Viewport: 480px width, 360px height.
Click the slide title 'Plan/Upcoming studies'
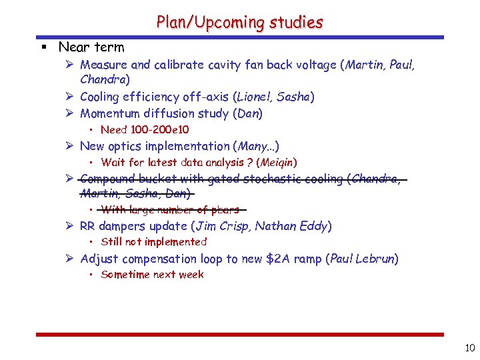click(239, 22)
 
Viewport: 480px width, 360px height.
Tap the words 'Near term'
click(91, 47)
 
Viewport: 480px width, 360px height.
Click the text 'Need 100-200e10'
click(145, 129)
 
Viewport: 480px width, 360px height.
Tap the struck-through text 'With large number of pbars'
click(170, 210)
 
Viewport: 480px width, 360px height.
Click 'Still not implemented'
click(153, 242)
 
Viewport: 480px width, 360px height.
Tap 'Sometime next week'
click(152, 275)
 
